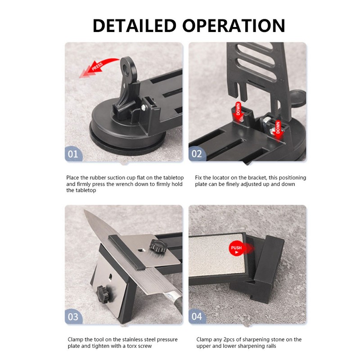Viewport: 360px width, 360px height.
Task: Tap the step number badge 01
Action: pos(73,154)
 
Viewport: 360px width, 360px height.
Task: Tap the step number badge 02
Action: pos(197,154)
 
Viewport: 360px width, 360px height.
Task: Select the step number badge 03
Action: pos(73,316)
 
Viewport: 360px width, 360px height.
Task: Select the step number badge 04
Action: pos(197,316)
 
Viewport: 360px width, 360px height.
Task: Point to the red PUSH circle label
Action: pos(236,248)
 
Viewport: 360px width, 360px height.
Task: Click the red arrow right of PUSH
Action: pos(248,248)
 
